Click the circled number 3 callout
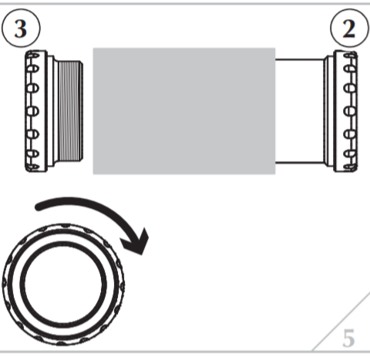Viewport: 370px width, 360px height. [21, 28]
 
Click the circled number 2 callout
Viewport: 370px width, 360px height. [349, 28]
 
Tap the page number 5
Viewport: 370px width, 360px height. [348, 338]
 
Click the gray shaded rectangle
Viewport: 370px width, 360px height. [184, 111]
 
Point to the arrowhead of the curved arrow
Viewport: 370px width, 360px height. [136, 241]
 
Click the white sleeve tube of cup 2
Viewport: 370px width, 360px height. [300, 111]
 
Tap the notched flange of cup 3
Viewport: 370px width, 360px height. [36, 111]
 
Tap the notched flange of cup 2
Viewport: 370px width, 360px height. [345, 111]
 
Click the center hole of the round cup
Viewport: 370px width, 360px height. [63, 284]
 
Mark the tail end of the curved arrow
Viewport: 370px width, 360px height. [38, 207]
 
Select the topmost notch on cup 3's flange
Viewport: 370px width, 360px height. [33, 55]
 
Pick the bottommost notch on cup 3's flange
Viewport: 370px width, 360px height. [33, 167]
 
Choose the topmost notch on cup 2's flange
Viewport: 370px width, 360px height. [349, 55]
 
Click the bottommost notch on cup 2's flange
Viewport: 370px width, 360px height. [349, 167]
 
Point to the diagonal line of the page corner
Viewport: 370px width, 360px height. [341, 321]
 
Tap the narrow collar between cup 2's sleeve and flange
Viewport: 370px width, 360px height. [328, 111]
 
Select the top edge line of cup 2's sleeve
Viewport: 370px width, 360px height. [300, 59]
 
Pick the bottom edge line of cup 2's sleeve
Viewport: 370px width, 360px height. [300, 163]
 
